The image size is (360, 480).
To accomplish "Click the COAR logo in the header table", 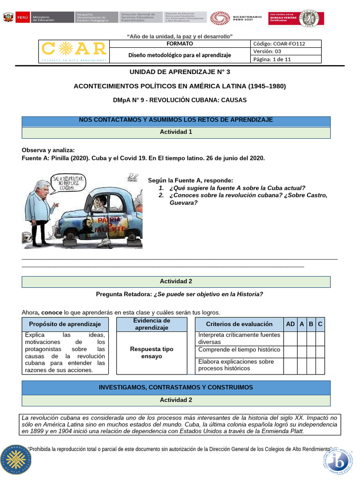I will coord(74,51).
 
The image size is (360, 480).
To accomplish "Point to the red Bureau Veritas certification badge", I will coord(295,19).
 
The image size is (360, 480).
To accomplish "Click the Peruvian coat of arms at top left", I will coord(8,18).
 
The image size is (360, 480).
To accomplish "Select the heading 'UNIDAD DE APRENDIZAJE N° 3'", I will coord(180,72).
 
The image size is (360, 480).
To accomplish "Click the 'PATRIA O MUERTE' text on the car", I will coord(110,224).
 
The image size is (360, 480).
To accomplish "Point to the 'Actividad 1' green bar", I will coord(176,132).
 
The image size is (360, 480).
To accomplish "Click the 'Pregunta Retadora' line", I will coord(180,294).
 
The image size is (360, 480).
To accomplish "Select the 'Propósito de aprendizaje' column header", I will coord(65,324).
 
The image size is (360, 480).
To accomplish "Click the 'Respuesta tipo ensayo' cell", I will coord(151,353).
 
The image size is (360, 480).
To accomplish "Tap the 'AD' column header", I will coord(291,324).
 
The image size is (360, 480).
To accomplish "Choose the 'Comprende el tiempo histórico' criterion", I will coord(239,350).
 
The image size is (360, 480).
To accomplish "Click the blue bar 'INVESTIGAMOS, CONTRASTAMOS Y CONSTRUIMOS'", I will coord(176,388).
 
